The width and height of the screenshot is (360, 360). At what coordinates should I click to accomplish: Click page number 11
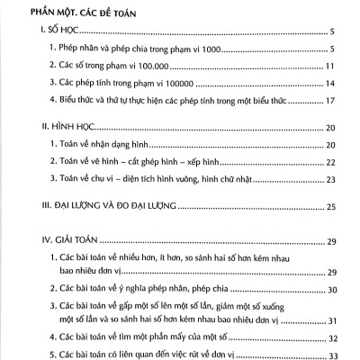point(330,66)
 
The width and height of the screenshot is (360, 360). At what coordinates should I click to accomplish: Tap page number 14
point(330,83)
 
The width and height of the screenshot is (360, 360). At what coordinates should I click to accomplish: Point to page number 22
point(330,162)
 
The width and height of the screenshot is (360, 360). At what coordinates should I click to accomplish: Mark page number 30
point(330,289)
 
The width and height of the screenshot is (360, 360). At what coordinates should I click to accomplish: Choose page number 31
point(330,321)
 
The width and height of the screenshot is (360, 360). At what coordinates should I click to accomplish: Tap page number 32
point(330,338)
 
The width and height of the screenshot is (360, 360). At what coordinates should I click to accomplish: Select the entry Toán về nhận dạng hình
point(103,145)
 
